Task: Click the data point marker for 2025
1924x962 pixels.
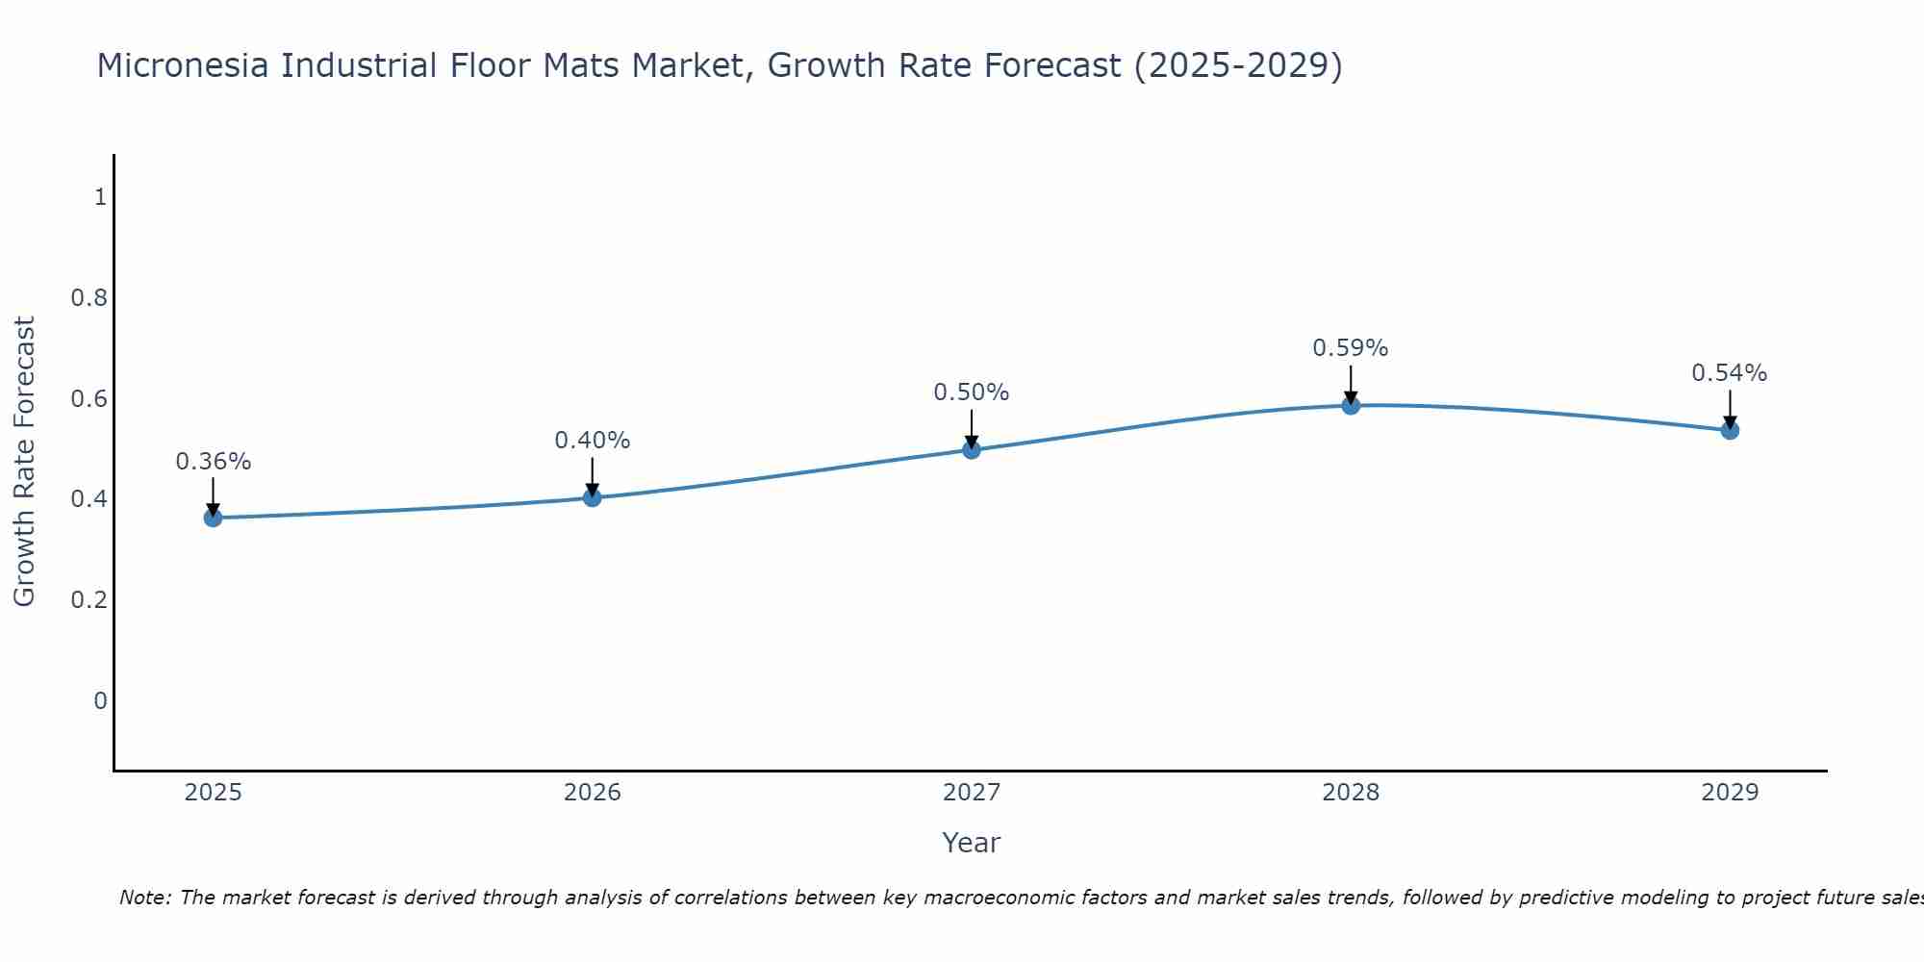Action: coord(213,518)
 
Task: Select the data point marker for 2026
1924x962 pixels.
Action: coord(593,497)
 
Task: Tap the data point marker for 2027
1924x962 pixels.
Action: coord(972,449)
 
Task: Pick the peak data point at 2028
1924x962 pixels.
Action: coord(1351,405)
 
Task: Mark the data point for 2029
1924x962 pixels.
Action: coord(1730,430)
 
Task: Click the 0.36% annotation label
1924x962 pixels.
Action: coord(213,462)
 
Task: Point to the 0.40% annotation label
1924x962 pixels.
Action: coord(593,441)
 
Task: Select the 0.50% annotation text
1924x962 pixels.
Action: coord(972,392)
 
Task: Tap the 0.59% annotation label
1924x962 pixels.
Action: coord(1351,348)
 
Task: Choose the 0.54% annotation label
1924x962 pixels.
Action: coord(1730,373)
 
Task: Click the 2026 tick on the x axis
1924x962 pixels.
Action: coord(593,793)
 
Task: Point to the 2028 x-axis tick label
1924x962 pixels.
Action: coord(1351,793)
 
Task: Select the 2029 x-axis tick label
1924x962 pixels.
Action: coord(1730,793)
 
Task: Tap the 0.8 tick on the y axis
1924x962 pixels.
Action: coord(89,298)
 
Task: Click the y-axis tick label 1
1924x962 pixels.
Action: coord(100,197)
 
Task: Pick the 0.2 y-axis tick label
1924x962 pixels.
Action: coord(89,600)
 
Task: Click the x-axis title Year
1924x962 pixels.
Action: coord(972,843)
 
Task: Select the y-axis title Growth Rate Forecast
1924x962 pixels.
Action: coord(24,462)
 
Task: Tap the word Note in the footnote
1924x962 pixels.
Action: coord(144,898)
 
